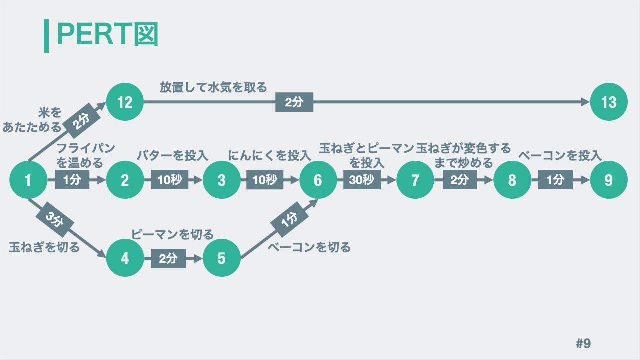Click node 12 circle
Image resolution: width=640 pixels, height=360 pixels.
pyautogui.click(x=125, y=102)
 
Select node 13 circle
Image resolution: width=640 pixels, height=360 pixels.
pyautogui.click(x=609, y=102)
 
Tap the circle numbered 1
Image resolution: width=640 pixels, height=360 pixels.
pyautogui.click(x=28, y=180)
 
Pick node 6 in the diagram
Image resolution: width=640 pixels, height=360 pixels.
pyautogui.click(x=318, y=180)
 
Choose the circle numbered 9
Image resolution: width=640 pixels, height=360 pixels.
pyautogui.click(x=609, y=180)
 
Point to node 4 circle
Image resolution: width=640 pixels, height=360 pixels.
pyautogui.click(x=125, y=258)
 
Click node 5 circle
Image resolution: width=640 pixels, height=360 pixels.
pyautogui.click(x=221, y=258)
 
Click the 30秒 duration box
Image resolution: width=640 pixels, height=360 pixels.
pyautogui.click(x=362, y=179)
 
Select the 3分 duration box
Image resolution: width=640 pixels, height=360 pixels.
pyautogui.click(x=55, y=219)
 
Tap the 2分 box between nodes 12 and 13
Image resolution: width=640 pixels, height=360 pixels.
pyautogui.click(x=294, y=102)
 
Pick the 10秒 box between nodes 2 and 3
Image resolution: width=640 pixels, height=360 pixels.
pyautogui.click(x=169, y=179)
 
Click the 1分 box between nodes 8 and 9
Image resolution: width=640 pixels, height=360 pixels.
pyautogui.click(x=555, y=179)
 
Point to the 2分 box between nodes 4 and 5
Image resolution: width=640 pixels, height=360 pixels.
pyautogui.click(x=168, y=258)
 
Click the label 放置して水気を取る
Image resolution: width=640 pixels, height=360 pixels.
pyautogui.click(x=213, y=87)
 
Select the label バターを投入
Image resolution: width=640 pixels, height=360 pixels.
pyautogui.click(x=172, y=155)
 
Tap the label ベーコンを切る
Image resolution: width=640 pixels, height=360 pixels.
pyautogui.click(x=309, y=247)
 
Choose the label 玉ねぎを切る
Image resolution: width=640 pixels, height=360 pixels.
pyautogui.click(x=44, y=247)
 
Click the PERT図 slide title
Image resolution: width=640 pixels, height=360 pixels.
pyautogui.click(x=107, y=35)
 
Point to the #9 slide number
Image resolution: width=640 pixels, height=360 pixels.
pyautogui.click(x=583, y=343)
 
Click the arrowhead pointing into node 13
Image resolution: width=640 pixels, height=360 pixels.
pyautogui.click(x=585, y=102)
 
